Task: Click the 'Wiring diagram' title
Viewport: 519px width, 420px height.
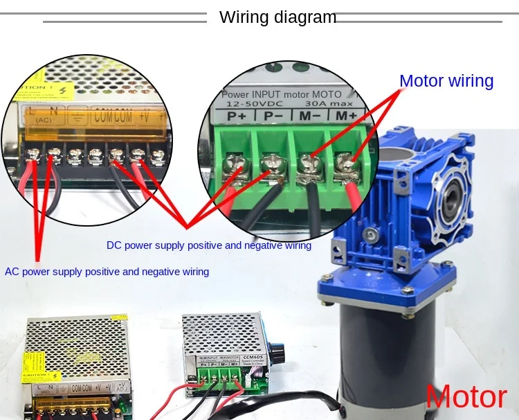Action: pyautogui.click(x=277, y=17)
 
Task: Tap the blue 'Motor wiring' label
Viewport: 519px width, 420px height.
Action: pyautogui.click(x=446, y=81)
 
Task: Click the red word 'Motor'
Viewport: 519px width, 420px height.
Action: pyautogui.click(x=466, y=397)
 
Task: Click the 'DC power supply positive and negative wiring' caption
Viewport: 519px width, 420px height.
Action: pyautogui.click(x=209, y=245)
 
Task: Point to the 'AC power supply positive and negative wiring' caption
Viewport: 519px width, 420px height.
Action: pyautogui.click(x=107, y=272)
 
